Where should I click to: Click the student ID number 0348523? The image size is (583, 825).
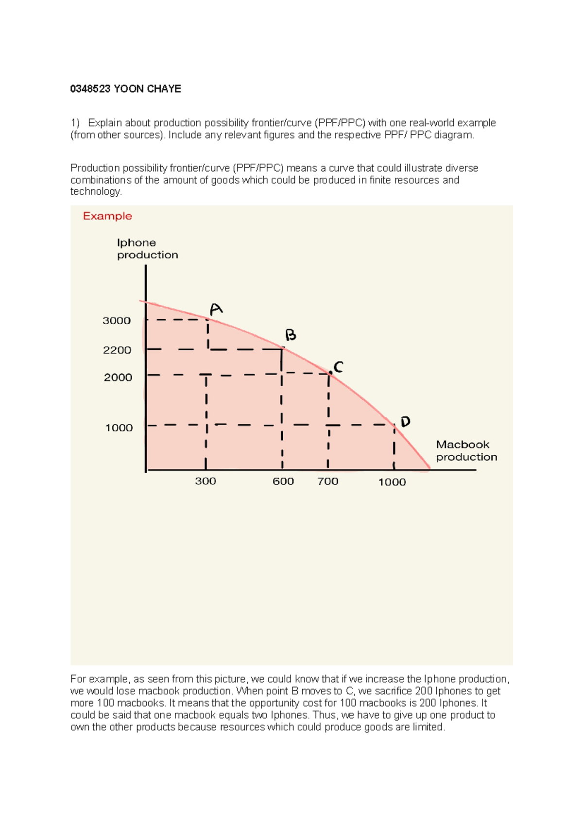click(90, 89)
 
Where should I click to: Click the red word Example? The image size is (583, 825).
click(107, 216)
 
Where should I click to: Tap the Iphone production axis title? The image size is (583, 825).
click(147, 249)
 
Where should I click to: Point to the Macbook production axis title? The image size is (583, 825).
click(466, 451)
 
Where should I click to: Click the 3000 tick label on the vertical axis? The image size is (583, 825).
click(117, 321)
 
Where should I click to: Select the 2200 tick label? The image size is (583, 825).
click(117, 350)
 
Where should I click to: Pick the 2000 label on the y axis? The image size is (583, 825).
click(118, 378)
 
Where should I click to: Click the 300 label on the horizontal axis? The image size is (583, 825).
click(206, 481)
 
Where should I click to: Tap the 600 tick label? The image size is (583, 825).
click(283, 481)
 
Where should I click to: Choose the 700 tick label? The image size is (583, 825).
click(328, 481)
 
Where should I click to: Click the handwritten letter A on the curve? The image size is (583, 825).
click(216, 309)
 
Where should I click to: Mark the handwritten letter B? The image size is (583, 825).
click(290, 335)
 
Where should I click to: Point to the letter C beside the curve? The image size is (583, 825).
click(339, 367)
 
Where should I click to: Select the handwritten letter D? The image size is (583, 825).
click(405, 421)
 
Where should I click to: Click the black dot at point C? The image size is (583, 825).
click(331, 373)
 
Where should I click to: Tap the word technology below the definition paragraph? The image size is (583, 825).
click(95, 191)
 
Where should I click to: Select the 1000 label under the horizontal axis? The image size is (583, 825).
click(392, 482)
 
